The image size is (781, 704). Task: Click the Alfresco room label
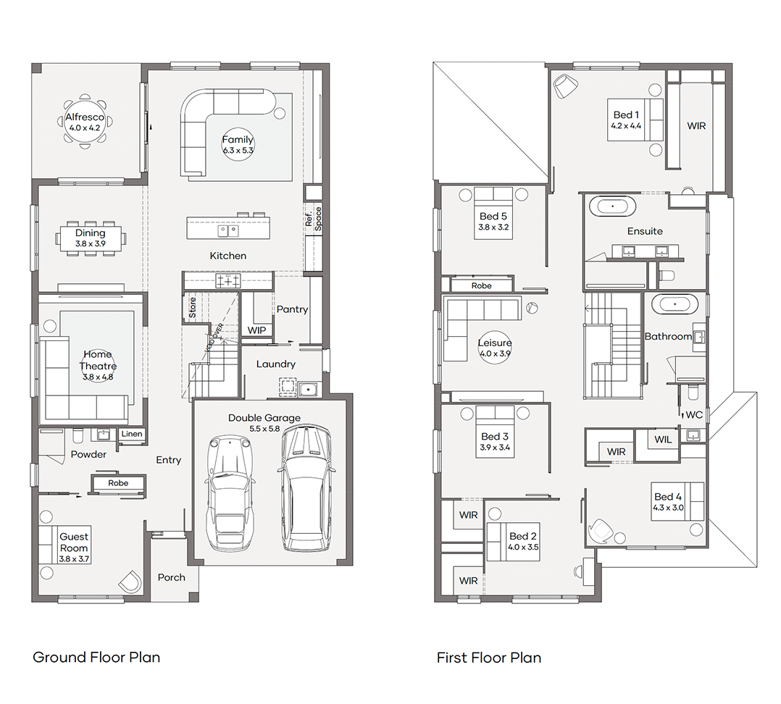85,117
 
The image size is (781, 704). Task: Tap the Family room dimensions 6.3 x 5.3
238,151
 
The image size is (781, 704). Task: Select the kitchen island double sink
228,230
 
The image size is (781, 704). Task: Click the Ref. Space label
313,219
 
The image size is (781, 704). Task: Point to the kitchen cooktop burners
228,281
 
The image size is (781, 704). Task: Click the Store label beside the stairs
192,308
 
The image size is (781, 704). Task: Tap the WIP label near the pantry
256,330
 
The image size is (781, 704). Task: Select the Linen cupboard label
132,434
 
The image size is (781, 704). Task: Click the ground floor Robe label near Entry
118,483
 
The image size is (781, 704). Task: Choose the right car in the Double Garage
305,488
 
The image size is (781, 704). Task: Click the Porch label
171,577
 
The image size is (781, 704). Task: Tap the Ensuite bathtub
613,206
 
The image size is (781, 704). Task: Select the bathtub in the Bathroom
674,303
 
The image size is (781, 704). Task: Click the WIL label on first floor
663,439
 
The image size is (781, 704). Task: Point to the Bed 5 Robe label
481,286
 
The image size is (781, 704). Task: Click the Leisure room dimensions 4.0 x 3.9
495,353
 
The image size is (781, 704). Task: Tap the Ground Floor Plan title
96,657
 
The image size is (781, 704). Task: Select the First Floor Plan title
489,658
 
